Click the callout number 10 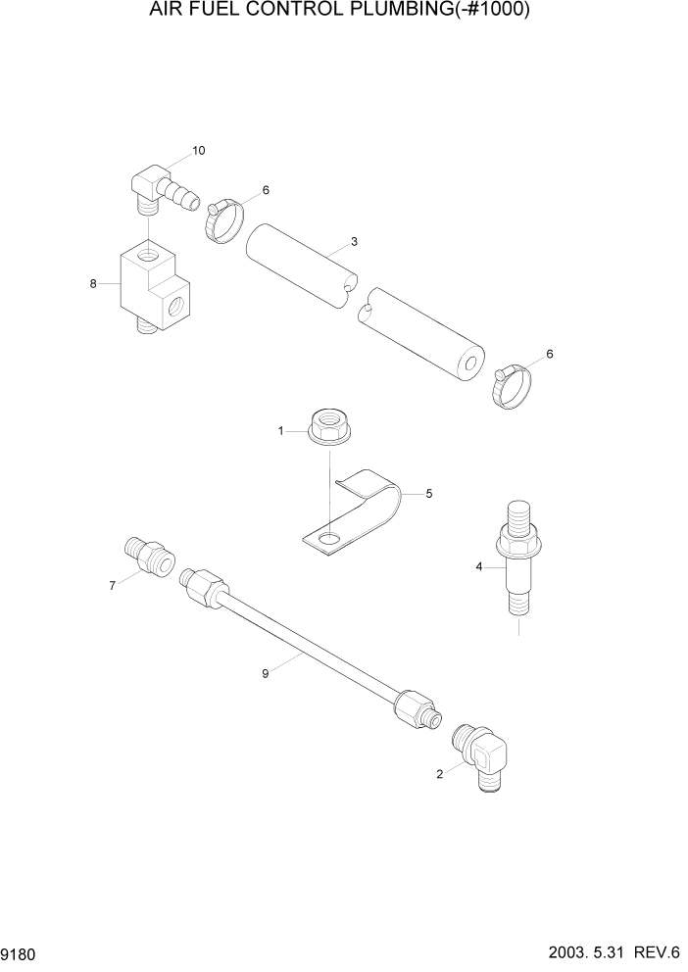(x=199, y=150)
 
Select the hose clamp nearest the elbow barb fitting (x=224, y=219)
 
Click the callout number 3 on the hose (x=354, y=241)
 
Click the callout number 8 (x=93, y=284)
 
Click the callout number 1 (x=280, y=430)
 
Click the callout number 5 (x=427, y=495)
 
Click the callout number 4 (x=479, y=565)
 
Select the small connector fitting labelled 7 (x=150, y=556)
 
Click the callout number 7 (x=112, y=585)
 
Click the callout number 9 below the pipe (x=266, y=672)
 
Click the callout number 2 (x=439, y=774)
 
